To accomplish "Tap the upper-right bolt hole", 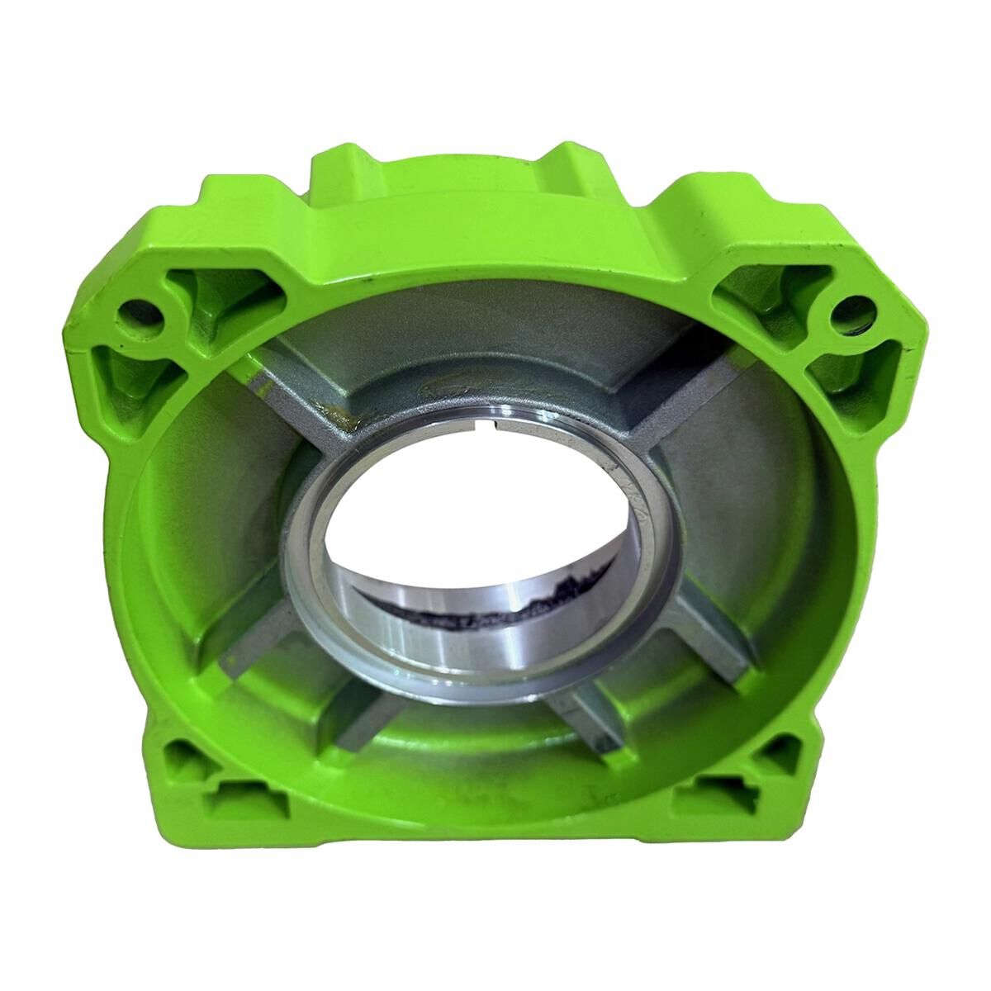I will [x=844, y=313].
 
